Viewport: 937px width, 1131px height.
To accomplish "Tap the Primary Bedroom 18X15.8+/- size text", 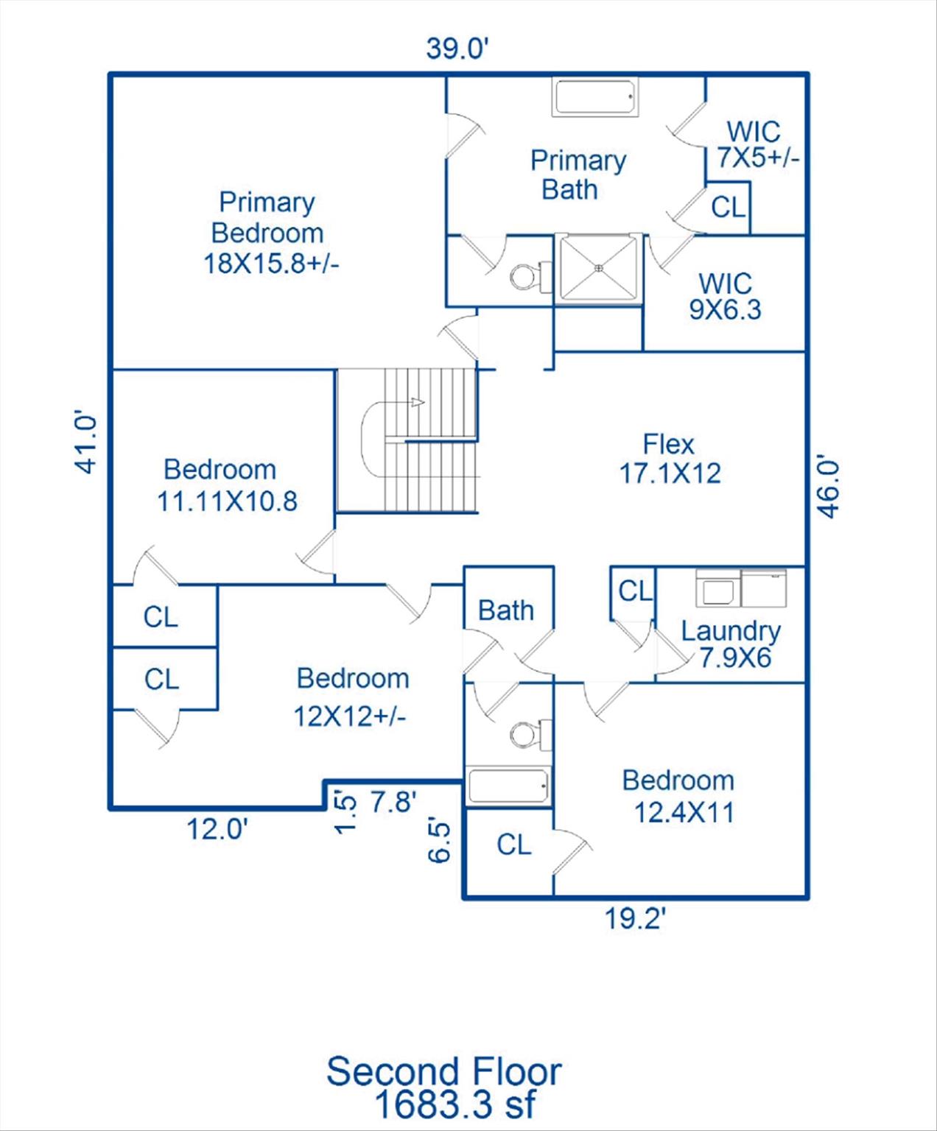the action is pos(271,264).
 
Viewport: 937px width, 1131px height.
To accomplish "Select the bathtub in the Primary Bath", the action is pos(595,97).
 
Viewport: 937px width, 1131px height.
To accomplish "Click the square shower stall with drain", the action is pos(598,268).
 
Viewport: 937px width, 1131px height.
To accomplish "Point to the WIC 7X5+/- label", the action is pos(757,144).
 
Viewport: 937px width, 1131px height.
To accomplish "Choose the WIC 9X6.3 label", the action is pos(725,296).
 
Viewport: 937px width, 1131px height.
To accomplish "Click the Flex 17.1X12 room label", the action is pos(670,459).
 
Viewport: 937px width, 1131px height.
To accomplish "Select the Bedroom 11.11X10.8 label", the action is pos(227,485).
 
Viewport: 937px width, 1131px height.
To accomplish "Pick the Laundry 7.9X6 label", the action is pos(731,644).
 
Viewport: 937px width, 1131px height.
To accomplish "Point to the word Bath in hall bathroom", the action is pos(505,610).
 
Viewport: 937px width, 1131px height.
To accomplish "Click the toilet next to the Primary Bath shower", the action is pos(530,275).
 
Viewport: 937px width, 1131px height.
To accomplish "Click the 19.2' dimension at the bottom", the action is pos(634,919).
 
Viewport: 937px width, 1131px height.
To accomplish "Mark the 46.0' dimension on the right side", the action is pos(829,489).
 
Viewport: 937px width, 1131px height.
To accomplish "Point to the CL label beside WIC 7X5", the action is pos(729,207).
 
